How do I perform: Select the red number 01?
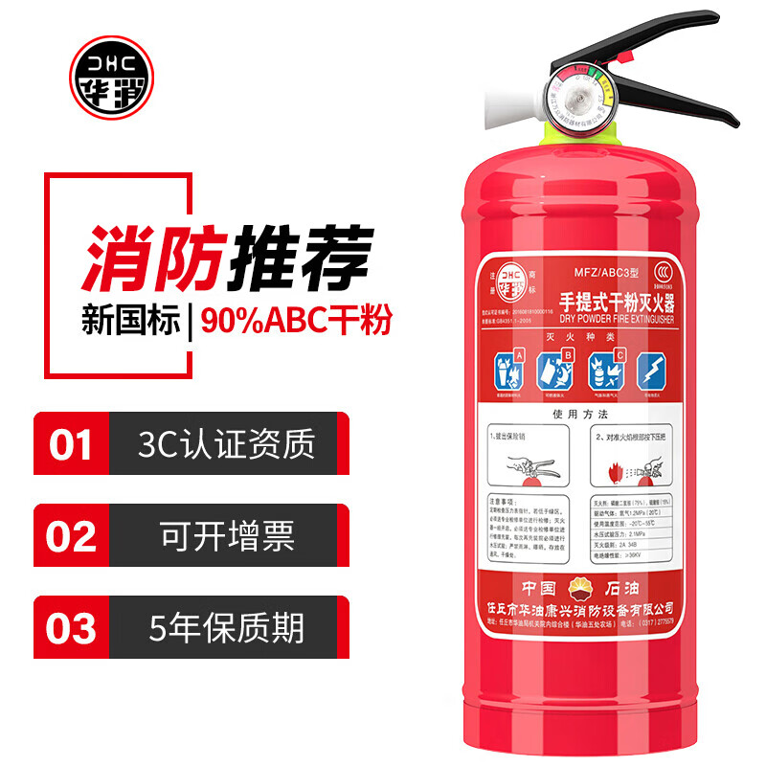tap(71, 444)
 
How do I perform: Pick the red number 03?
tap(71, 629)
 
